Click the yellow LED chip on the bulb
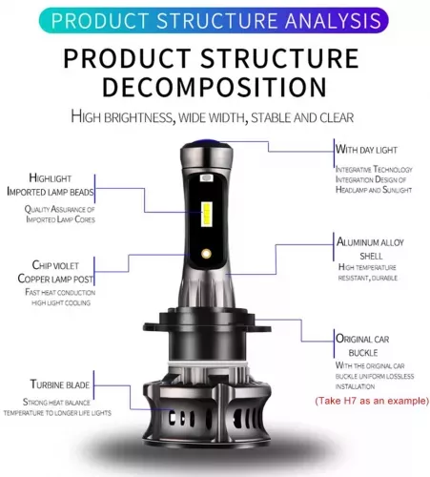(207, 215)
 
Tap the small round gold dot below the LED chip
(206, 254)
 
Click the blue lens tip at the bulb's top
(208, 142)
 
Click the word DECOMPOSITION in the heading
(215, 87)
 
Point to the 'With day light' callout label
(366, 150)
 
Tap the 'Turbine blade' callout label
(60, 384)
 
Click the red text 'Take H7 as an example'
(372, 401)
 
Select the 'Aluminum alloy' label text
(370, 242)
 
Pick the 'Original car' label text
(362, 339)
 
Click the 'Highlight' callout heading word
(51, 178)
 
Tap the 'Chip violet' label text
(55, 265)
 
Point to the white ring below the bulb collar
(208, 363)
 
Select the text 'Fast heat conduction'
(60, 292)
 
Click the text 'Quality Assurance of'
(60, 209)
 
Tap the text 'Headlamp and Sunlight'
(374, 190)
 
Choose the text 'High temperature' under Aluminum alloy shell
(367, 267)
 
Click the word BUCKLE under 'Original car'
(363, 353)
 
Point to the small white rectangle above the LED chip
(207, 178)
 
